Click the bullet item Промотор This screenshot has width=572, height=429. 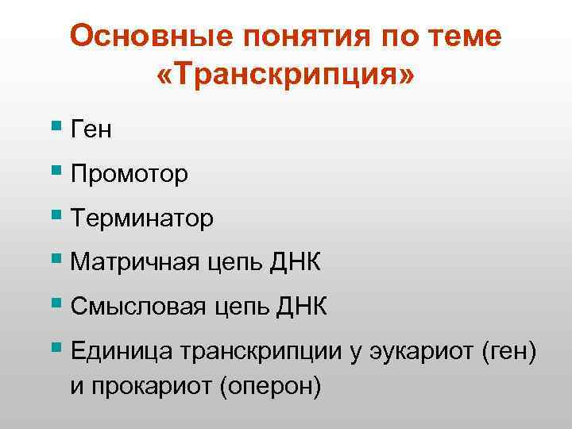[129, 174]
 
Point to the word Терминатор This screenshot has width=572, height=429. [141, 218]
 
